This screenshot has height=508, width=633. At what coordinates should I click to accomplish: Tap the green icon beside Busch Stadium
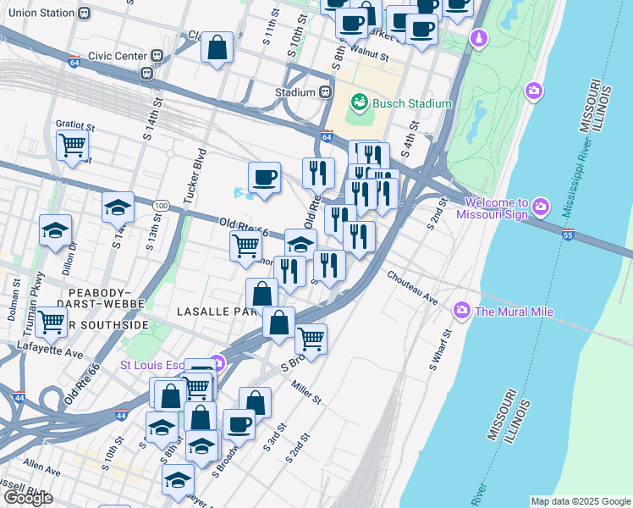click(x=361, y=103)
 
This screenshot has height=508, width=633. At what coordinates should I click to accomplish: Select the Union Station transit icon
click(x=84, y=14)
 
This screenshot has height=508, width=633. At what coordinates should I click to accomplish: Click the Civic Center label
click(x=119, y=56)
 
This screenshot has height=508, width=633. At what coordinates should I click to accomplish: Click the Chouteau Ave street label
click(x=412, y=288)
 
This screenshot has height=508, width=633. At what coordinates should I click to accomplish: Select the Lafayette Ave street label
click(x=51, y=349)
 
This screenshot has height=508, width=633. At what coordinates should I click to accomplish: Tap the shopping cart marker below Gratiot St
click(x=73, y=145)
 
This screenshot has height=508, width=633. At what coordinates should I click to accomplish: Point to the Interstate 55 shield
click(x=566, y=236)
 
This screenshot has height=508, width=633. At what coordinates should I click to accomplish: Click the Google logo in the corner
click(x=28, y=498)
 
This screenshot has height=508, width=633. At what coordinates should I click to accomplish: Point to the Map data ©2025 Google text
click(x=581, y=501)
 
